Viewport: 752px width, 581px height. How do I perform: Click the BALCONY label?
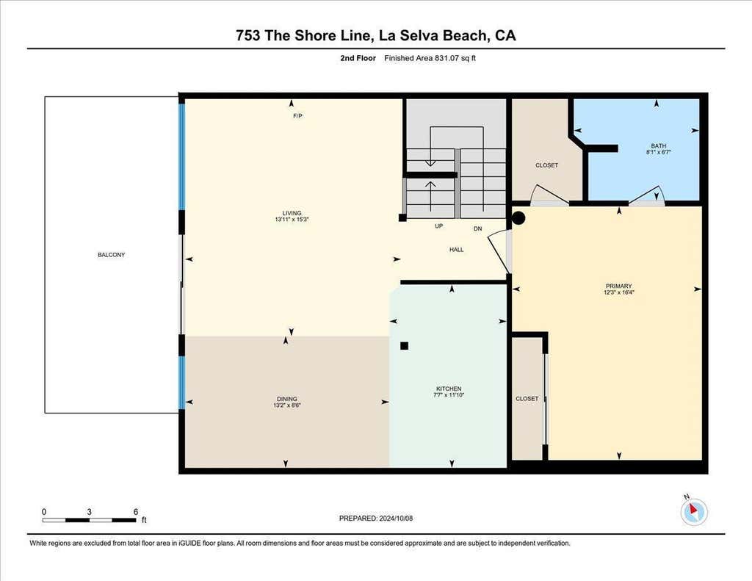click(x=112, y=255)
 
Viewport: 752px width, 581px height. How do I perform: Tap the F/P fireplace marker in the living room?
click(x=298, y=116)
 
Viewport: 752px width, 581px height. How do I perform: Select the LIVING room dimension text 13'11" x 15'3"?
click(x=292, y=220)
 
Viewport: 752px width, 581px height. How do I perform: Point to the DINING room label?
click(x=287, y=399)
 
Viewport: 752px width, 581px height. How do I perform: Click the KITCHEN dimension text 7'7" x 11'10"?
click(x=449, y=395)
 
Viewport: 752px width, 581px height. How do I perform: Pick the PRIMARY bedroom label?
click(x=618, y=286)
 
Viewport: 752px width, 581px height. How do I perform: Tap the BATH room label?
click(x=659, y=146)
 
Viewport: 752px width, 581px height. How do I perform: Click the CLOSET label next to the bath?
click(x=546, y=165)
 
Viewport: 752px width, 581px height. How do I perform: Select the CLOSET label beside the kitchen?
click(x=527, y=399)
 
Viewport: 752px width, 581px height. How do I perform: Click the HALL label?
click(x=457, y=250)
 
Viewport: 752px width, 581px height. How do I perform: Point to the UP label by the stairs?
click(x=439, y=226)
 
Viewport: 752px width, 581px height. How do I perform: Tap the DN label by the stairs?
click(x=477, y=229)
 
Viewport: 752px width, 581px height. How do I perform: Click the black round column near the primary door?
click(x=518, y=218)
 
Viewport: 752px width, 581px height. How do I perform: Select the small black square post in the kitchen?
click(x=405, y=346)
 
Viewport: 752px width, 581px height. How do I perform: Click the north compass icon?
click(x=693, y=511)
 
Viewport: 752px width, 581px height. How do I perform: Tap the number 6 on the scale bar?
click(x=136, y=512)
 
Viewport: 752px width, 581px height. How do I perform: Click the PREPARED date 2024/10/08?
click(x=396, y=518)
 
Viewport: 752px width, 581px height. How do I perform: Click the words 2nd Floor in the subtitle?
click(x=358, y=58)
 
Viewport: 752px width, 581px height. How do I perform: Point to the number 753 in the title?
click(x=248, y=35)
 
